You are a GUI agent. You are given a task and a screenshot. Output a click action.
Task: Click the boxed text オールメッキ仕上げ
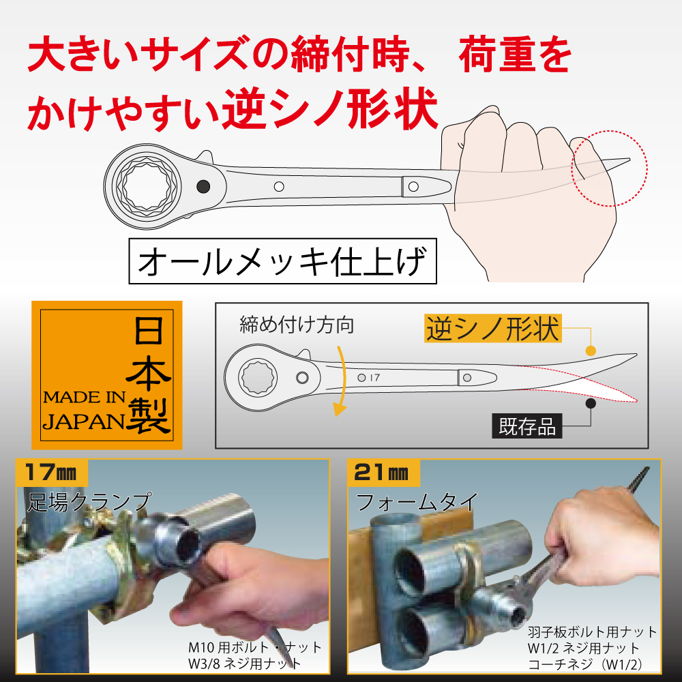click(x=283, y=261)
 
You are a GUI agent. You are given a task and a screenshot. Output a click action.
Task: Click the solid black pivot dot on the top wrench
click(x=203, y=187)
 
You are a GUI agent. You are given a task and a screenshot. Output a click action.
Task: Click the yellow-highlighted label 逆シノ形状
click(x=493, y=329)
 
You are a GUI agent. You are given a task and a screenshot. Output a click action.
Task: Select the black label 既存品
click(x=527, y=426)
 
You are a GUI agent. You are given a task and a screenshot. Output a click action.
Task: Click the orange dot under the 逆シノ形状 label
click(x=590, y=351)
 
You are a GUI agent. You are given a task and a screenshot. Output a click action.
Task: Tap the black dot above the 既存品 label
click(x=590, y=403)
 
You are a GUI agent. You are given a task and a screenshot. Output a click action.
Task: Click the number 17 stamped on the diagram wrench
click(x=375, y=378)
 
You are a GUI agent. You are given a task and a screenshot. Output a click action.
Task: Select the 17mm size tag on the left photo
click(x=51, y=473)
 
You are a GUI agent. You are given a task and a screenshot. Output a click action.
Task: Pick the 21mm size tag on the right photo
click(x=383, y=473)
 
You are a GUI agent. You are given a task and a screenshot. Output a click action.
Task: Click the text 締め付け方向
click(x=297, y=325)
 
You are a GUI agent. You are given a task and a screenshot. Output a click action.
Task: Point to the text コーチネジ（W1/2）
click(x=585, y=664)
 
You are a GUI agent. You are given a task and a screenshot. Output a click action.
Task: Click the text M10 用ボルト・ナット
click(x=255, y=648)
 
